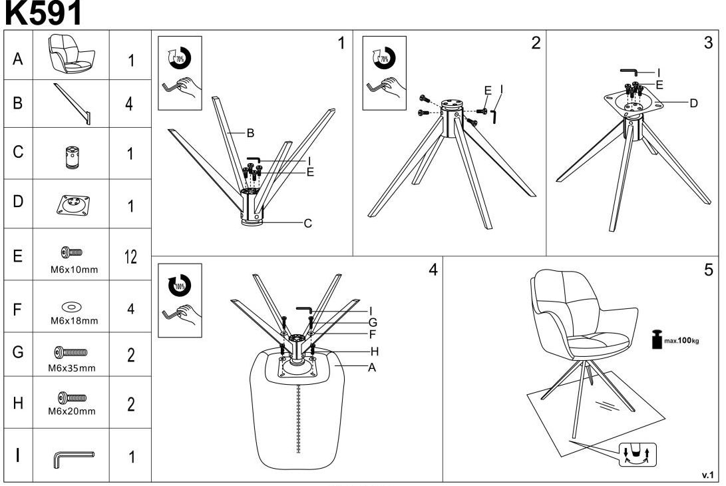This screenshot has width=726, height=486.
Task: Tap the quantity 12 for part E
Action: click(131, 257)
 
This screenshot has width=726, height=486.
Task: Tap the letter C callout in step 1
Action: click(308, 224)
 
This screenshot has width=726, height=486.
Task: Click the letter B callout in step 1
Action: click(250, 133)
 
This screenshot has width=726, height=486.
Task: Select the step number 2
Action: click(536, 44)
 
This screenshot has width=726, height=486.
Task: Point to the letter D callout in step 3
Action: click(693, 103)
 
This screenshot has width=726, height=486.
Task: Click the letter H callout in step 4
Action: click(374, 352)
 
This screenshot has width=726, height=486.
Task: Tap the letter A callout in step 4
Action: click(372, 367)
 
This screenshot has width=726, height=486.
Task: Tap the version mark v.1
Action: click(707, 475)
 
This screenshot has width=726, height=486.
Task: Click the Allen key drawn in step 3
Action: click(629, 71)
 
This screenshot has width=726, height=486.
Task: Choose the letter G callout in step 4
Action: click(373, 323)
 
